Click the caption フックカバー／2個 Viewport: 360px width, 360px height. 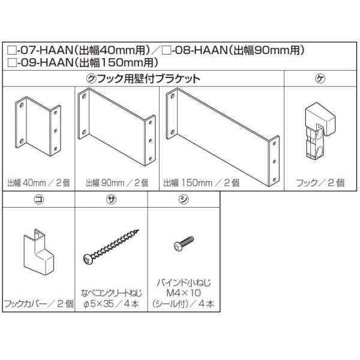(x=38, y=304)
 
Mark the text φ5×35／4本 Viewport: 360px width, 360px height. (x=112, y=304)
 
